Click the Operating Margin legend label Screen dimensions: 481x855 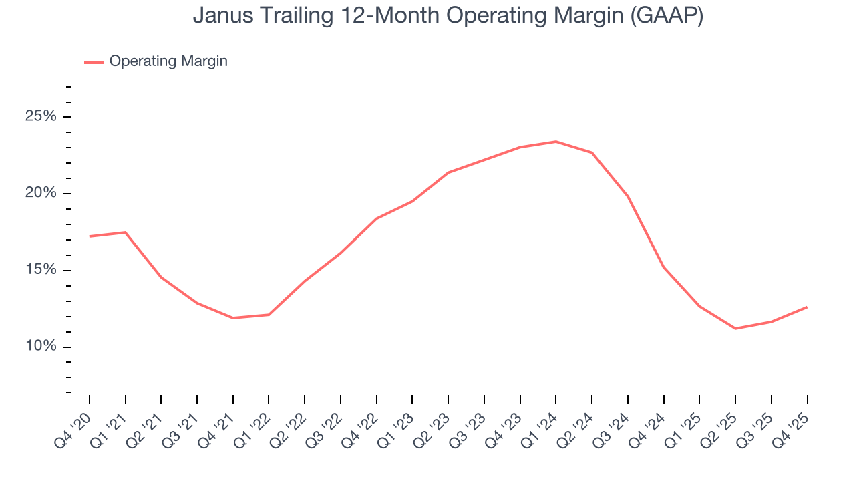point(168,61)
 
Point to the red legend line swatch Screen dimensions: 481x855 point(94,62)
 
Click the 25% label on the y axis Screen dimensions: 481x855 point(41,116)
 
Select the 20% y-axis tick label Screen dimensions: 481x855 point(41,193)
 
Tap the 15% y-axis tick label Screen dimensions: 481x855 point(41,270)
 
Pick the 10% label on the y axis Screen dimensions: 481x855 point(41,347)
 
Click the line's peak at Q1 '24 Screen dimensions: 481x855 point(556,142)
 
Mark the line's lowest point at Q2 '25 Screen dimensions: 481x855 point(735,329)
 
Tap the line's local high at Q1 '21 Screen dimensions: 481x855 point(125,232)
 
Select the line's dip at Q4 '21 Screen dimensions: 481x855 point(232,318)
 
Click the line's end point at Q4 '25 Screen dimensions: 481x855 point(807,307)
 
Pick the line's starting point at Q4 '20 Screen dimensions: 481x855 point(90,236)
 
